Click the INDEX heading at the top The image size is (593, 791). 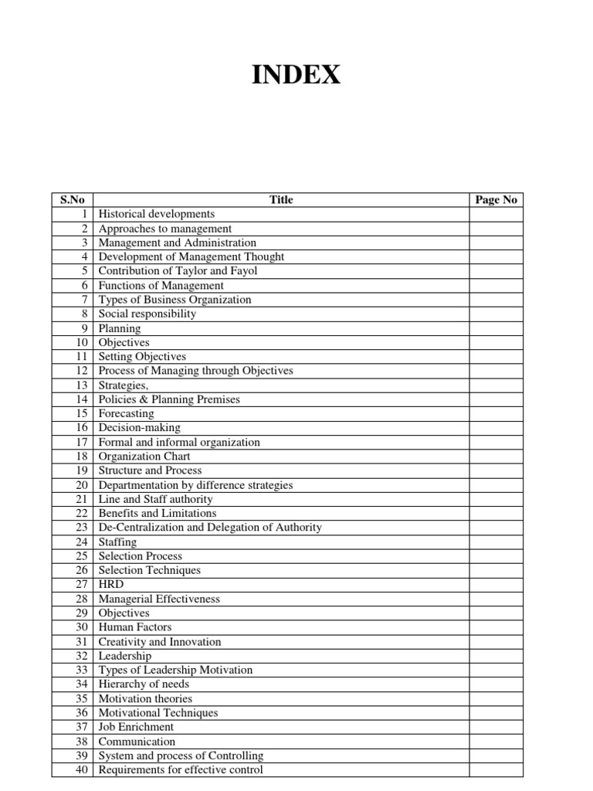click(296, 75)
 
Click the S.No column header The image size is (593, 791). click(72, 200)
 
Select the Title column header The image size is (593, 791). click(281, 200)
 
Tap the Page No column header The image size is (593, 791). click(496, 200)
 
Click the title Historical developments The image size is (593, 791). click(157, 214)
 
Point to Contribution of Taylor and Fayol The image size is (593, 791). click(178, 271)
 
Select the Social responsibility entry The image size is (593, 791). click(147, 314)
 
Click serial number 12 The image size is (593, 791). click(83, 371)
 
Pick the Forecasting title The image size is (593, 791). click(127, 413)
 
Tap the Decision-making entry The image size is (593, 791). click(140, 427)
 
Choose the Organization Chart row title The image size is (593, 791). click(144, 456)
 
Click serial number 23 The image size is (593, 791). click(83, 527)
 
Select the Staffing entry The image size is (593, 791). click(118, 541)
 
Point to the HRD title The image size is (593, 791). click(111, 584)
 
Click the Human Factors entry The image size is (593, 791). click(135, 627)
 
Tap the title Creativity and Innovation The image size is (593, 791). click(160, 641)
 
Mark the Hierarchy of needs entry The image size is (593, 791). click(144, 684)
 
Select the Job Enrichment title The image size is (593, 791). click(137, 727)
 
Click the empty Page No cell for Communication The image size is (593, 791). click(496, 742)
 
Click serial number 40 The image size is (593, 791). click(83, 769)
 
